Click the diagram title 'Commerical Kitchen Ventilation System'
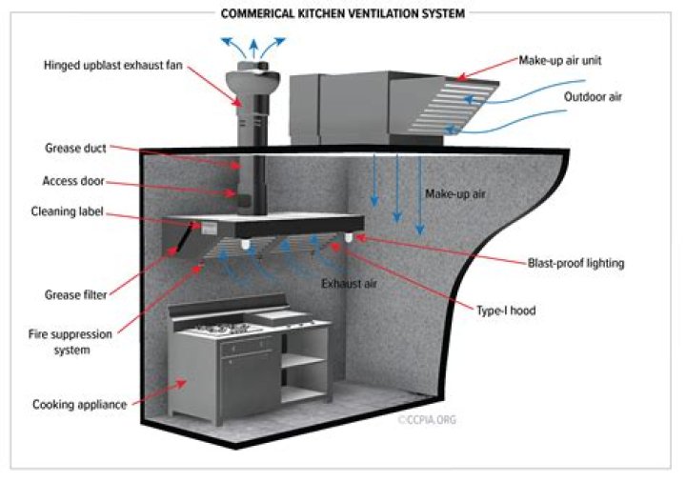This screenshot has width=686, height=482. click(342, 14)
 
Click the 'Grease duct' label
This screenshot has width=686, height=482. click(76, 149)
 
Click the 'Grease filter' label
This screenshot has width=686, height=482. click(75, 294)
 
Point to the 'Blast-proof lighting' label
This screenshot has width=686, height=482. click(575, 263)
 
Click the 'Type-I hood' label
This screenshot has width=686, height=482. click(514, 311)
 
